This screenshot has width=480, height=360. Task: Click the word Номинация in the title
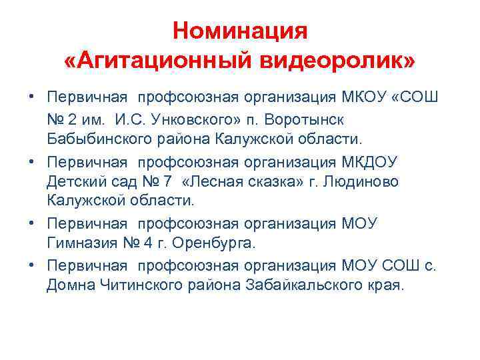click(x=239, y=31)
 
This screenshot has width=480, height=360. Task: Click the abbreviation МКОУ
click(x=363, y=98)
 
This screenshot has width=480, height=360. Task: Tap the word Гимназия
click(x=83, y=243)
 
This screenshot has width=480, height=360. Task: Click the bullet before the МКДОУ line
click(x=32, y=161)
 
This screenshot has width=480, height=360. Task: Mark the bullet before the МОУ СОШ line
click(x=32, y=265)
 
